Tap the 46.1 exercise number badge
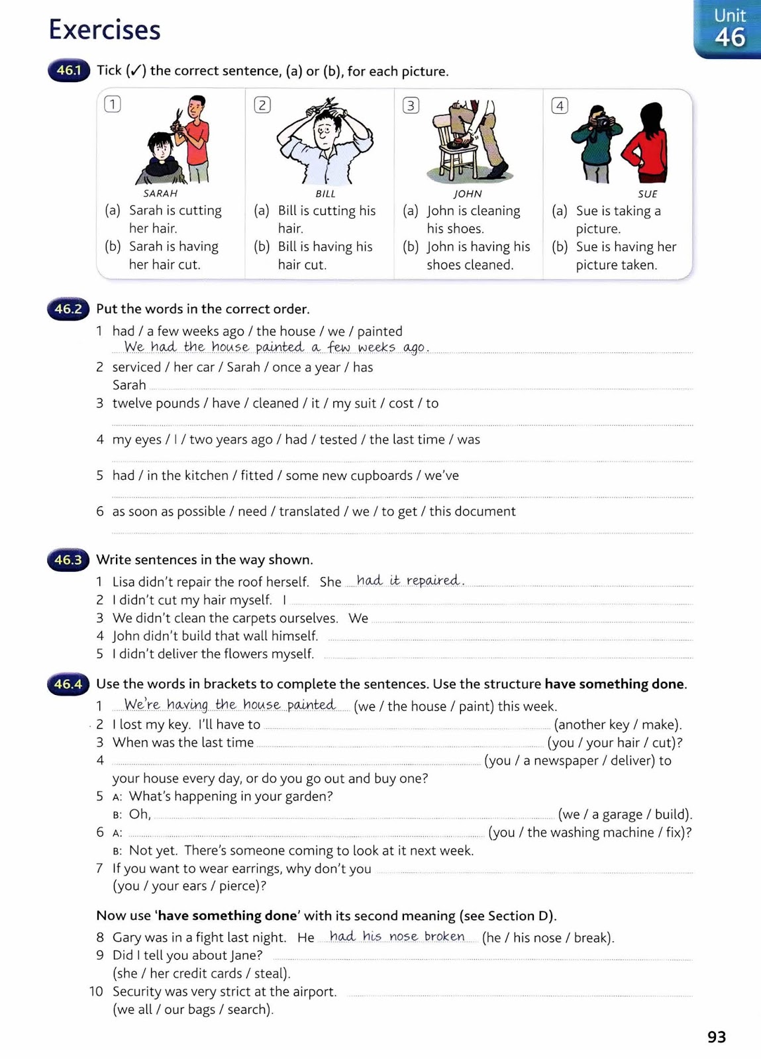[x=68, y=70]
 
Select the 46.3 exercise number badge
[x=68, y=560]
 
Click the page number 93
[x=717, y=1036]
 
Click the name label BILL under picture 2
[x=325, y=194]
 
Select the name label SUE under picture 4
[x=647, y=194]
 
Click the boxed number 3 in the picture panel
[x=411, y=105]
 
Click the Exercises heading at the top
[x=105, y=30]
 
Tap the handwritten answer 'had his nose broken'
[x=396, y=936]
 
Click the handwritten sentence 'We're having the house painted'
[x=229, y=704]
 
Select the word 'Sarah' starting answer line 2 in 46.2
[x=129, y=385]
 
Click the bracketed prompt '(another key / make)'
[x=617, y=725]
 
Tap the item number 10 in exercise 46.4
[x=97, y=991]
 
